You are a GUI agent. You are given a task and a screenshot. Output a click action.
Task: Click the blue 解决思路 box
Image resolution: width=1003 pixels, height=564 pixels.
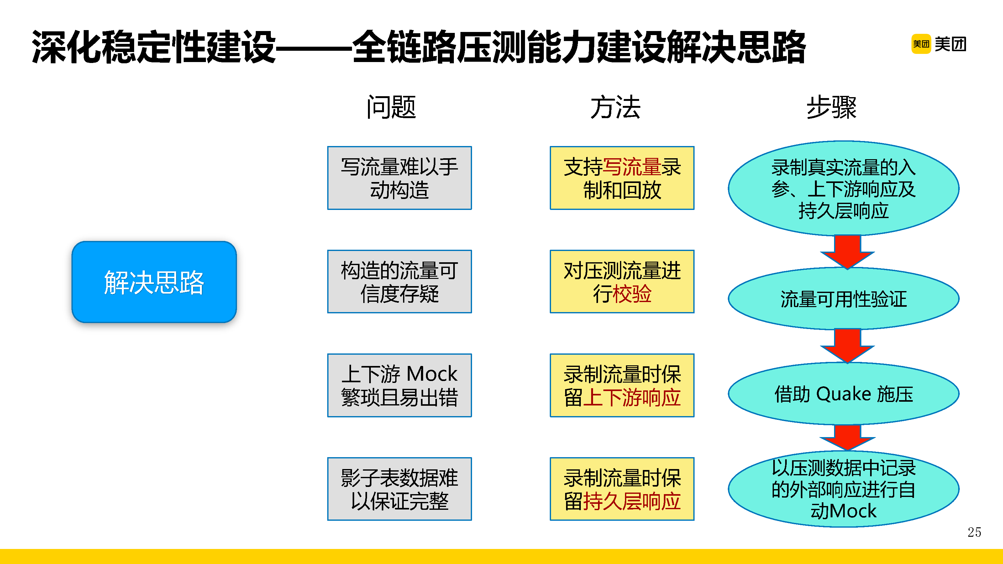click(154, 282)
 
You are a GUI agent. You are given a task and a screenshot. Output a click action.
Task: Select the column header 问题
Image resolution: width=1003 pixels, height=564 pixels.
click(391, 107)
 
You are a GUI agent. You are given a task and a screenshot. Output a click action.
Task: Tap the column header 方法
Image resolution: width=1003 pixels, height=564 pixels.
click(615, 107)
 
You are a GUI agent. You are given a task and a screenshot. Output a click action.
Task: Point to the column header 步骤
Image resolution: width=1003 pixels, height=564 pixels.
click(831, 107)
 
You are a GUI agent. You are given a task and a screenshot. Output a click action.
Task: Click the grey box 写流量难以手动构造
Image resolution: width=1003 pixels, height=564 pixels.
click(400, 178)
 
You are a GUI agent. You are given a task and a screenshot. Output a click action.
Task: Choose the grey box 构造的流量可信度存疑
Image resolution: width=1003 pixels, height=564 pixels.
click(400, 281)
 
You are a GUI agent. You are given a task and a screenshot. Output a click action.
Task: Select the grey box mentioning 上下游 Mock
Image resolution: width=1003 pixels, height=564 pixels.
click(400, 385)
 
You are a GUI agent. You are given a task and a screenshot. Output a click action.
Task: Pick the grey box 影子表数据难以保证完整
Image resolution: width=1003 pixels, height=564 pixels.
click(400, 489)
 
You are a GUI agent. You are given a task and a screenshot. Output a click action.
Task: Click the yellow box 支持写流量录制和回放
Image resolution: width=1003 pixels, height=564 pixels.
click(622, 178)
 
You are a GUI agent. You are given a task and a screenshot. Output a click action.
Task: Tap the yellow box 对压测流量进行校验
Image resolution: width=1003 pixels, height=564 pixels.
click(622, 281)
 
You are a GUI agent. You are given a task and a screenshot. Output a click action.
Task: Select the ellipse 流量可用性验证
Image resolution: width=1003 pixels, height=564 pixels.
click(843, 299)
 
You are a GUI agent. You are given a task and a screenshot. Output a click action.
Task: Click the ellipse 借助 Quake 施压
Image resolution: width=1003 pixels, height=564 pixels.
click(843, 394)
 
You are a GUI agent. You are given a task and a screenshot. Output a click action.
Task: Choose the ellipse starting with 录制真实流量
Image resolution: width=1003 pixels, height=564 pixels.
click(843, 189)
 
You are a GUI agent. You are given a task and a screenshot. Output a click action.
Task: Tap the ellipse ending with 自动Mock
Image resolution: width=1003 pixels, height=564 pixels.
click(843, 489)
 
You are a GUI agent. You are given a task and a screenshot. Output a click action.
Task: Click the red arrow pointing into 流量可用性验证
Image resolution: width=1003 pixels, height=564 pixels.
click(847, 251)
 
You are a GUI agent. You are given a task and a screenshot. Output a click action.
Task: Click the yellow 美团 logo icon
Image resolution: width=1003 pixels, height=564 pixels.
click(921, 44)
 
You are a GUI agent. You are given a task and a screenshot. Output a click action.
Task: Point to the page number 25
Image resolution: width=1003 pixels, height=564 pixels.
click(974, 532)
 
